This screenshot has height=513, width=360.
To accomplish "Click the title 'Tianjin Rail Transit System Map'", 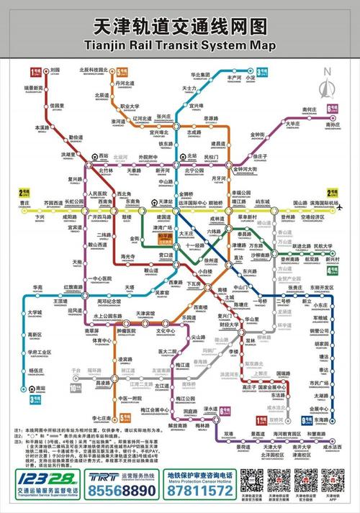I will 179,45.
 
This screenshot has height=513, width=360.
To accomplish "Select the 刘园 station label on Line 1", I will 55,71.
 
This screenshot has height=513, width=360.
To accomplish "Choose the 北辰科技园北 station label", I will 92,71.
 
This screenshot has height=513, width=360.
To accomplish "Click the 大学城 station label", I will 35,312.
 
